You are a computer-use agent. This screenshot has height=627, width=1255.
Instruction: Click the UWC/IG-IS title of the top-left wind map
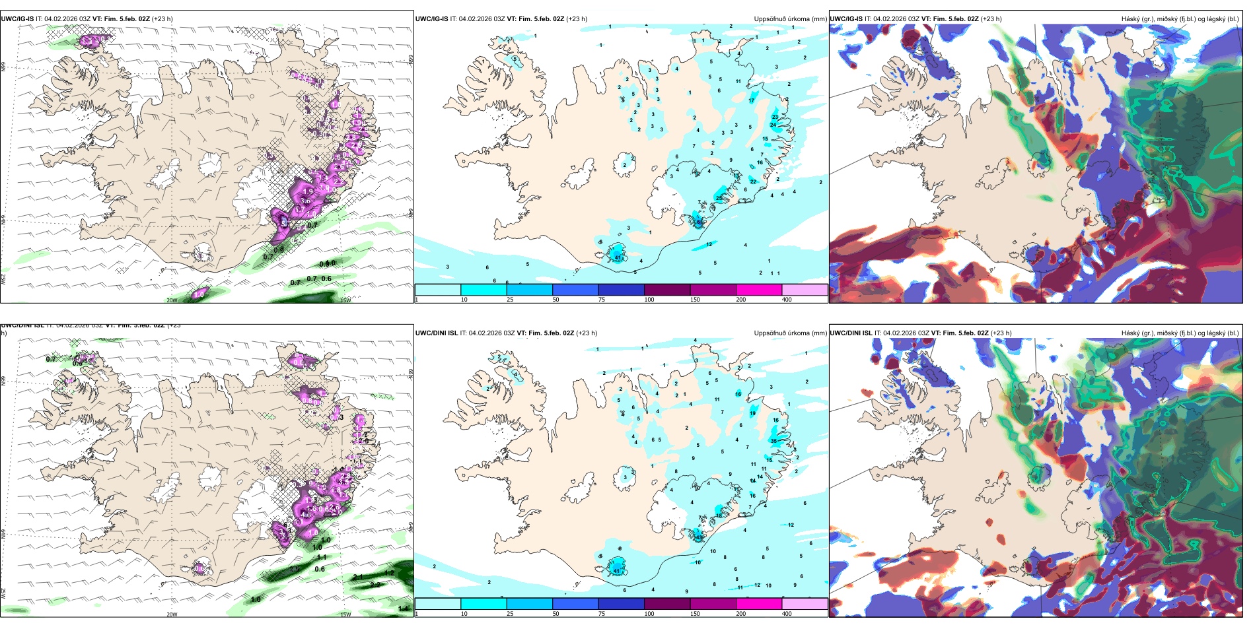pos(17,19)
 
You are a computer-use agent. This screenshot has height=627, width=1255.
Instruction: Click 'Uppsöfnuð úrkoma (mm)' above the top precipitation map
pos(790,19)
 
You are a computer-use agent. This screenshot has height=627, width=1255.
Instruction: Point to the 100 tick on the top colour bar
pos(649,300)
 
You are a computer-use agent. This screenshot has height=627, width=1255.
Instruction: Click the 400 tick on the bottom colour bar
pos(787,614)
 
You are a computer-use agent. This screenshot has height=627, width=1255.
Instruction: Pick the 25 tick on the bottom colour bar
pos(510,614)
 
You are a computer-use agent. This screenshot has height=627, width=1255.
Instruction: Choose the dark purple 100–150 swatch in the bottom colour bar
pos(667,604)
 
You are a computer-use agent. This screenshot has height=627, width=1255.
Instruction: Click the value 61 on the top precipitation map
pos(699,222)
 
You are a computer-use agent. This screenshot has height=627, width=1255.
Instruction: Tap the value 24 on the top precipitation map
pos(773,125)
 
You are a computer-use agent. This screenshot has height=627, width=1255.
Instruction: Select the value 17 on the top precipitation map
pos(751,101)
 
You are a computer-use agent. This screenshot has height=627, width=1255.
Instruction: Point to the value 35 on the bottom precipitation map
pos(773,441)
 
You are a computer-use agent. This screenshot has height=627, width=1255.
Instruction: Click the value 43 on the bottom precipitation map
pos(698,537)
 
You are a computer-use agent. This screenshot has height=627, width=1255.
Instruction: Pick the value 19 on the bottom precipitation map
pos(752,414)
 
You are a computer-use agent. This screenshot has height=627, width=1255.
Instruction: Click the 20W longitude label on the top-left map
pos(172,300)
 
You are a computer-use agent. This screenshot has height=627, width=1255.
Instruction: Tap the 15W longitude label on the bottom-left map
pos(345,614)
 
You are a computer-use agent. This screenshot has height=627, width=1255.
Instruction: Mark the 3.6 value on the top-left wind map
pos(306,201)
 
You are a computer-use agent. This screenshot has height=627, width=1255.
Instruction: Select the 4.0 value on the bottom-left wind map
pos(305,514)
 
